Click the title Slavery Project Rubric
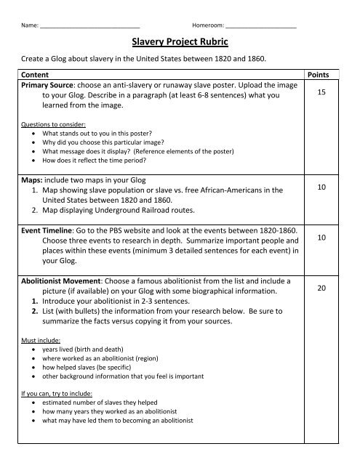(x=180, y=44)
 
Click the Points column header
(x=319, y=75)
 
